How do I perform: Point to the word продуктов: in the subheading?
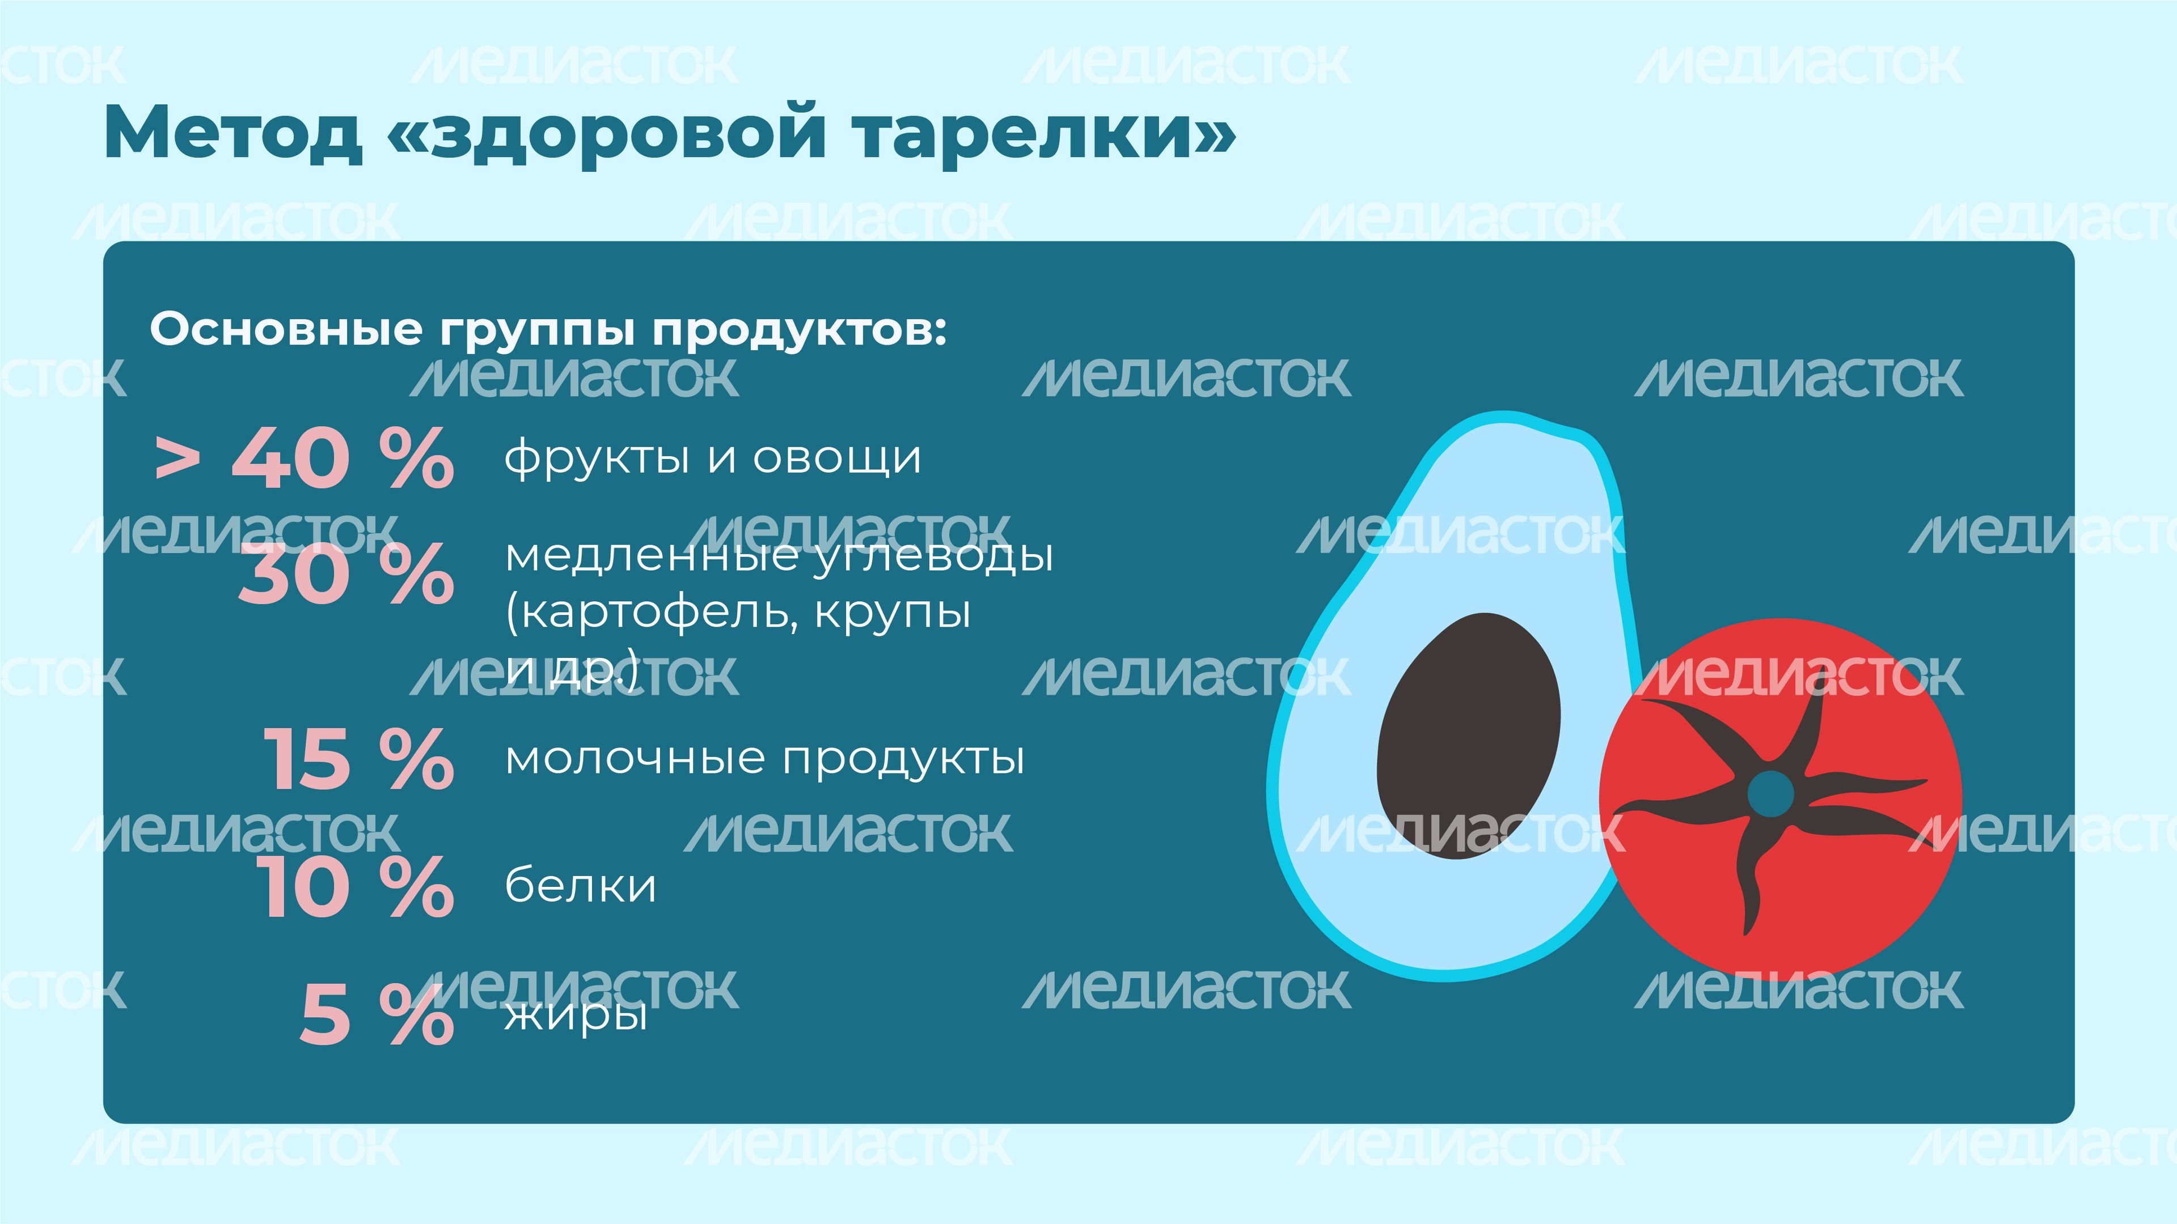(x=800, y=329)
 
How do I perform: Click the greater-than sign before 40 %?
(x=177, y=460)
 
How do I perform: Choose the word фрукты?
(x=597, y=458)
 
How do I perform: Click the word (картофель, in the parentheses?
(x=651, y=613)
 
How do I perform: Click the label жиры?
(x=576, y=1014)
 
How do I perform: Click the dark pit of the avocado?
(x=1469, y=736)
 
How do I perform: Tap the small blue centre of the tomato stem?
(x=1770, y=792)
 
